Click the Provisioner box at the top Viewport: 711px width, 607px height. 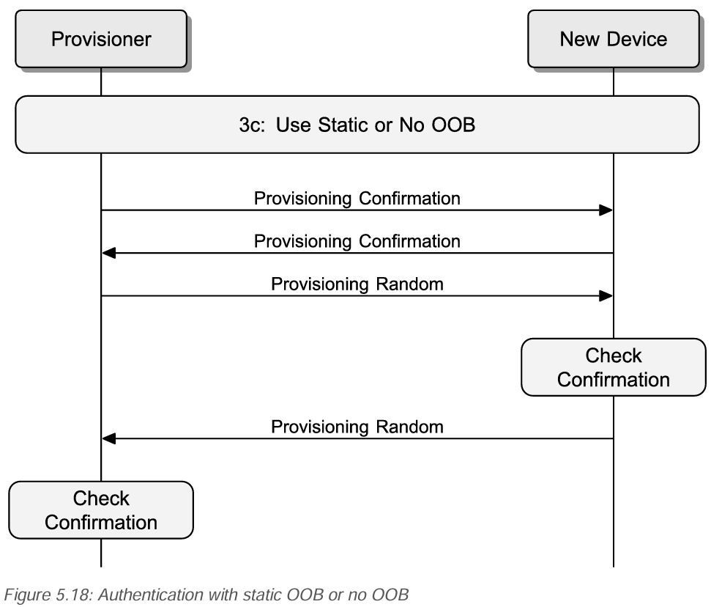coord(100,39)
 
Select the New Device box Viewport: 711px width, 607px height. coord(613,39)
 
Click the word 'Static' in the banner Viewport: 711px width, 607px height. coord(331,125)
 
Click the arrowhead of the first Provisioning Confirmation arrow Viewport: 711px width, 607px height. coord(605,210)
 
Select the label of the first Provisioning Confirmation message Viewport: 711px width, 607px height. coord(357,198)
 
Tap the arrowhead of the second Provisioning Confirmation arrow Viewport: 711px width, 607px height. coord(109,253)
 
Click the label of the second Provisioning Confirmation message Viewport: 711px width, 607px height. coord(357,240)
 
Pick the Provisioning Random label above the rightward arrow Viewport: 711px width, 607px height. coord(357,283)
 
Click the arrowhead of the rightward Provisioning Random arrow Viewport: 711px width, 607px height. coord(605,295)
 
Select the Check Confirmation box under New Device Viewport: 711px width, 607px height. coord(613,367)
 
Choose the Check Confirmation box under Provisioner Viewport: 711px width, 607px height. coord(100,509)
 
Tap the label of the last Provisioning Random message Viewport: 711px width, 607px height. coord(357,426)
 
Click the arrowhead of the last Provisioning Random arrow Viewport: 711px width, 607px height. coord(109,438)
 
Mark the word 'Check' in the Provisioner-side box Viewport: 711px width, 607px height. coord(100,499)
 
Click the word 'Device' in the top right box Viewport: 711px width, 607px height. coord(640,39)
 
